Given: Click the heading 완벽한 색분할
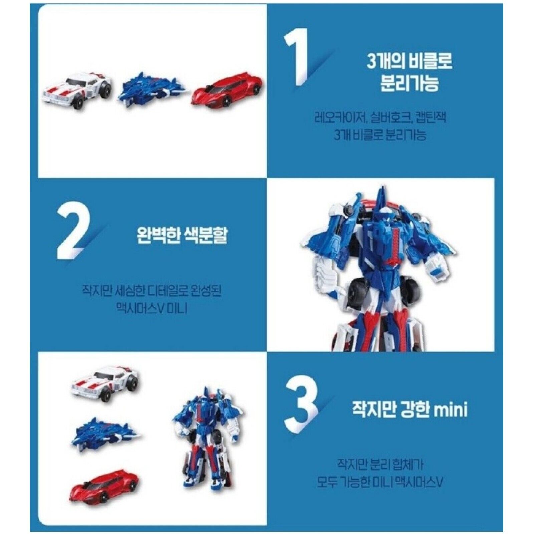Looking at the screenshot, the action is pyautogui.click(x=182, y=235).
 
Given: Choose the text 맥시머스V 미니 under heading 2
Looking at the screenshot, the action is pyautogui.click(x=152, y=308).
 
